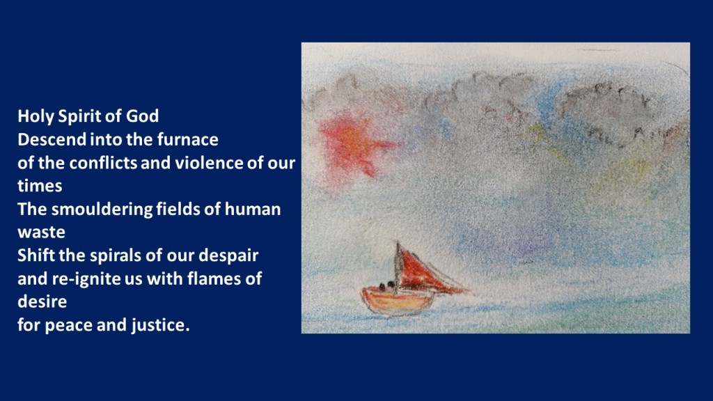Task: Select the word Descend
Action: tap(52, 139)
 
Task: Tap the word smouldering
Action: tap(102, 210)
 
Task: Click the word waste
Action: tap(41, 233)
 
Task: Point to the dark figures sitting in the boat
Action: tap(387, 286)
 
